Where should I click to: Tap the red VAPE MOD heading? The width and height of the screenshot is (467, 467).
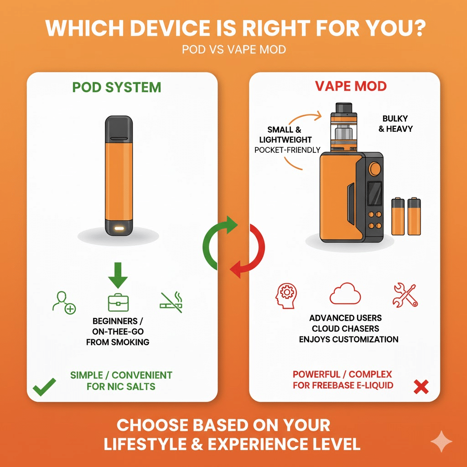[351, 86]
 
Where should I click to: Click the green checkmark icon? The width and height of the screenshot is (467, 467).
[44, 387]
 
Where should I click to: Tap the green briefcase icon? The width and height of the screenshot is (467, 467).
[118, 302]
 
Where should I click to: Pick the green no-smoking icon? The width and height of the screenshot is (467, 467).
[171, 302]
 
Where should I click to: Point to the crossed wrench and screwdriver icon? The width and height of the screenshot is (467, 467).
[405, 295]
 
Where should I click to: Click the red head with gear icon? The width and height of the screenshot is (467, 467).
[285, 296]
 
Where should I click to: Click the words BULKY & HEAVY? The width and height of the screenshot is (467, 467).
[395, 124]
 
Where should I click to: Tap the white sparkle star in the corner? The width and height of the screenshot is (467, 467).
[441, 441]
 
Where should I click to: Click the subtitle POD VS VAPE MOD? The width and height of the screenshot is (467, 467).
[233, 49]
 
